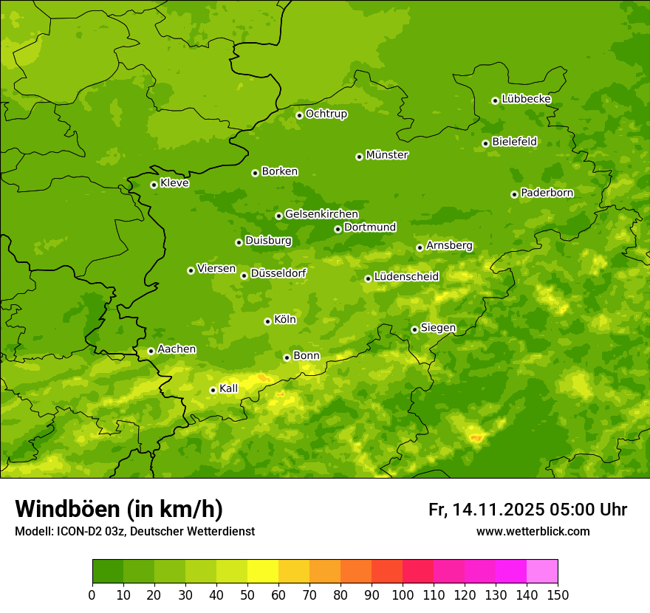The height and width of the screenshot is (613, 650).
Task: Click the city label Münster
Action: (387, 155)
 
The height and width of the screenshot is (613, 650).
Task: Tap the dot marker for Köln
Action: (267, 321)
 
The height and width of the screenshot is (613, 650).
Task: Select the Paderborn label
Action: (547, 193)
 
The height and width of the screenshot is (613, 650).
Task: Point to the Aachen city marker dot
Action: (151, 351)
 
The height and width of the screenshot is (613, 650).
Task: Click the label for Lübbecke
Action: (526, 99)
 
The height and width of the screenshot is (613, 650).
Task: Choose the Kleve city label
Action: (174, 183)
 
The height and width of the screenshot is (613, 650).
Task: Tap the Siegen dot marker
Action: (414, 329)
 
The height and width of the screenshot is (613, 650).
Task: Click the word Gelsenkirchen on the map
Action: (321, 214)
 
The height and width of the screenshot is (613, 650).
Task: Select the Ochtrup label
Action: (326, 114)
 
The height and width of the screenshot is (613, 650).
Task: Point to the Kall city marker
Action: (213, 390)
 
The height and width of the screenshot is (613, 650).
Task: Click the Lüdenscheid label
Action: (406, 277)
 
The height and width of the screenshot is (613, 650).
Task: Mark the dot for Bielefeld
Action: (485, 143)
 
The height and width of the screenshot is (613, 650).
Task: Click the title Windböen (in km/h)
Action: (118, 509)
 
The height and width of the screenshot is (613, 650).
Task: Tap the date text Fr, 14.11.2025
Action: (486, 510)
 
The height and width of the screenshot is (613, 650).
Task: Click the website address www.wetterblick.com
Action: (533, 531)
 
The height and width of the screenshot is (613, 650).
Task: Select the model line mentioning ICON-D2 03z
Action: (134, 531)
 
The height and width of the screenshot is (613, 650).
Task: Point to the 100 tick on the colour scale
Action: (403, 595)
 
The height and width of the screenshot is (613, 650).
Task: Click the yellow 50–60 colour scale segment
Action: (263, 572)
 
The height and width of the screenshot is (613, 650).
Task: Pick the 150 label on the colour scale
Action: (558, 595)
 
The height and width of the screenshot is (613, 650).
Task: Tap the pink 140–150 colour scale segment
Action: (542, 572)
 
